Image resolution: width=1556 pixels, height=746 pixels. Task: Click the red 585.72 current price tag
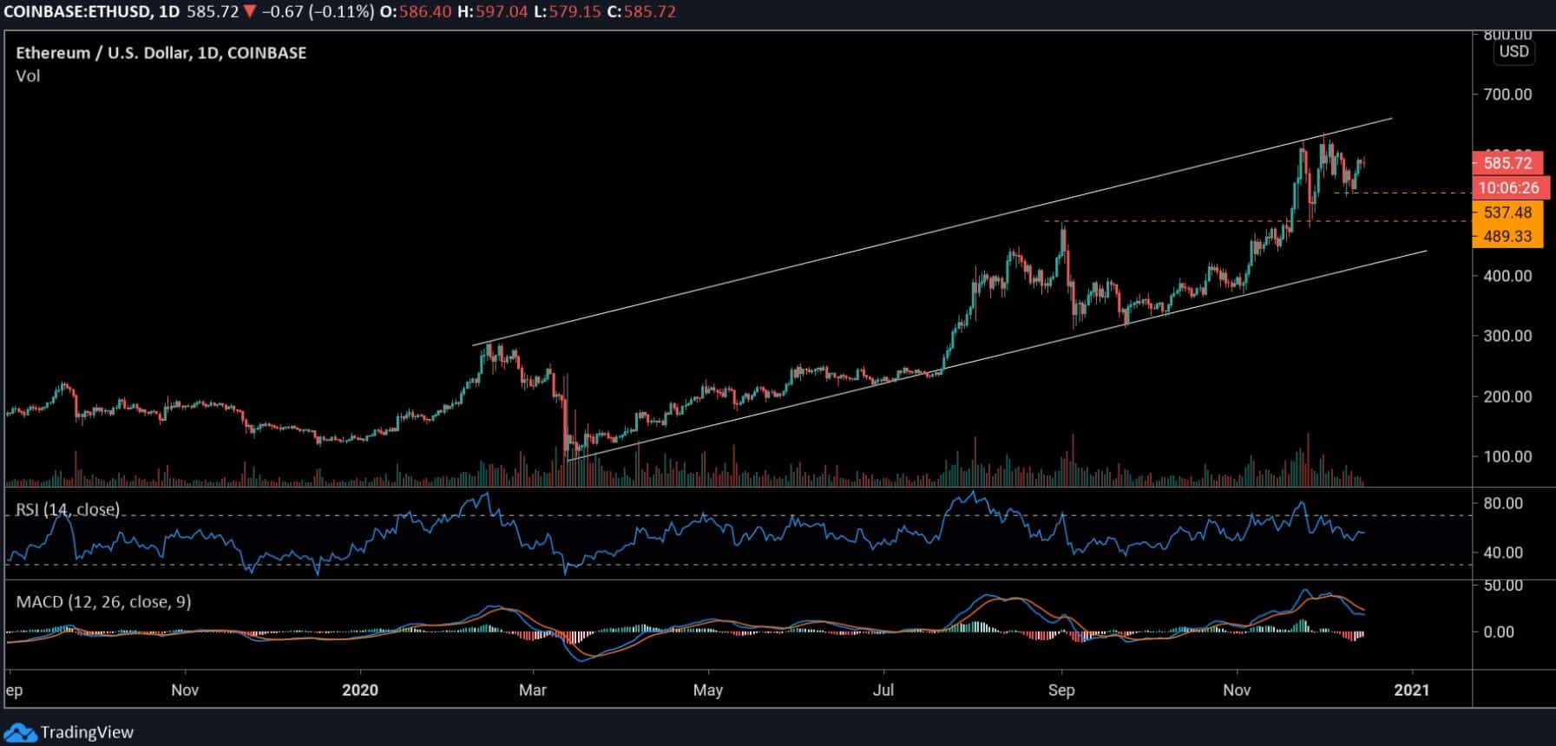point(1507,163)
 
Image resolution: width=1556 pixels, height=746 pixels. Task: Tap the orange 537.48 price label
point(1507,213)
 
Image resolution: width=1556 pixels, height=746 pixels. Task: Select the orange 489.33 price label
point(1507,236)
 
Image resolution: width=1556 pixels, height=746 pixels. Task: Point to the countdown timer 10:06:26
point(1508,188)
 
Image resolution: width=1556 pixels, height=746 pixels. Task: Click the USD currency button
point(1513,51)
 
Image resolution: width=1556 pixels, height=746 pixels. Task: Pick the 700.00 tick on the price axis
point(1507,94)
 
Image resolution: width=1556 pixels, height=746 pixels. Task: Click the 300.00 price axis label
point(1507,336)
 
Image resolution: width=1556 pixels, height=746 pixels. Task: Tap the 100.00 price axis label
point(1507,456)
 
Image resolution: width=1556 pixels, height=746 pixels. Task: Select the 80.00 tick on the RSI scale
point(1503,503)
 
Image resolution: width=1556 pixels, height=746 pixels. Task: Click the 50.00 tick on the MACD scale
point(1503,586)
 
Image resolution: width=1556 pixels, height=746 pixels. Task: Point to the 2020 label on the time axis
point(360,690)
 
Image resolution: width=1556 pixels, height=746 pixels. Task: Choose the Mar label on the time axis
point(532,690)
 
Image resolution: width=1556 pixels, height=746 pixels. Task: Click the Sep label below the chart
point(1060,690)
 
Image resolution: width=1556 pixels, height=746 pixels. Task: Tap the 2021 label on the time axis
point(1412,690)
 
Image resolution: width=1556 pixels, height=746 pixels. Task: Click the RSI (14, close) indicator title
point(68,509)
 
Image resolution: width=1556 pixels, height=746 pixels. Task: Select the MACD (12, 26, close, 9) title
point(103,602)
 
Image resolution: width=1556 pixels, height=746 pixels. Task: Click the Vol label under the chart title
point(28,76)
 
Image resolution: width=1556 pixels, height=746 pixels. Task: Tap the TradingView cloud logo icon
point(20,732)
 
